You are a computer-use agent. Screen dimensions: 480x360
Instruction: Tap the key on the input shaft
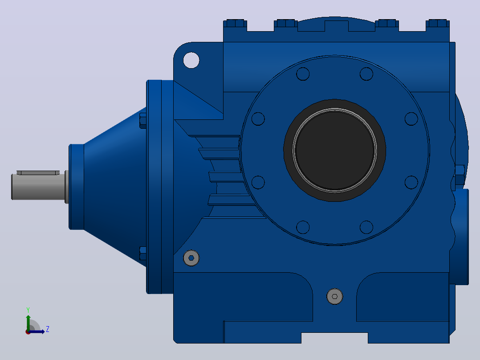tap(38, 173)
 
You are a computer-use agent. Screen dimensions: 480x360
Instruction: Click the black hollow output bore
tap(334, 150)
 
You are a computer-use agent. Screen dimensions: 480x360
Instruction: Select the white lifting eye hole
tap(191, 60)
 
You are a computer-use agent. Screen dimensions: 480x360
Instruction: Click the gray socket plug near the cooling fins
tap(191, 258)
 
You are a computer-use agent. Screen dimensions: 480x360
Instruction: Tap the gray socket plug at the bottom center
tap(334, 296)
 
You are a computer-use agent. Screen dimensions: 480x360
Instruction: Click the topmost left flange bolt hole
tap(303, 74)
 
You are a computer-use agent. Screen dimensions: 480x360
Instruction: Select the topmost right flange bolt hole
tap(366, 74)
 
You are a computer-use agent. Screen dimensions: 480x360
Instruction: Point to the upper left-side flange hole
tap(258, 119)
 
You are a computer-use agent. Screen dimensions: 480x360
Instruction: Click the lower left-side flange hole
tap(258, 182)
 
